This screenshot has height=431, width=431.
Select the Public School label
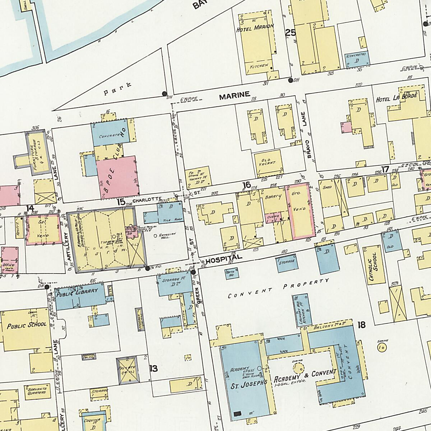[x=27, y=325]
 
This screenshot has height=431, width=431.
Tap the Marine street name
[x=234, y=95]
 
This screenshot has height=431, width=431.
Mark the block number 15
[x=121, y=202]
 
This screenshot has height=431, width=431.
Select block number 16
[x=246, y=185]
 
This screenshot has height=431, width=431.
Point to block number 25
[x=290, y=33]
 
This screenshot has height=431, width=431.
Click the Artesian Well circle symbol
[x=155, y=236]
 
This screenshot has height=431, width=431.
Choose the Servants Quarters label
[x=35, y=390]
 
